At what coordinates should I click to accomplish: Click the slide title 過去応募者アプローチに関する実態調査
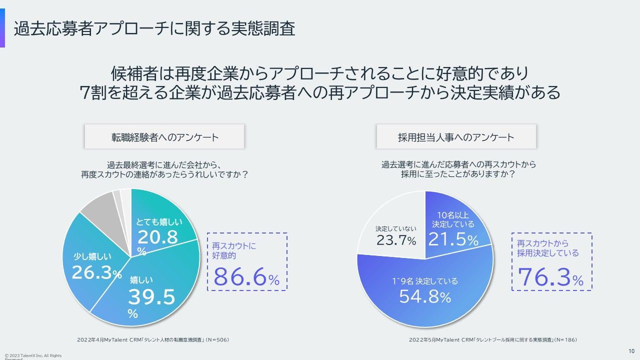point(154,29)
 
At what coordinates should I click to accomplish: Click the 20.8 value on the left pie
point(158,237)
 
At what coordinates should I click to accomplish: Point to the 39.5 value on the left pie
point(151,297)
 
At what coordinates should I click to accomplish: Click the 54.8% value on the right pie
point(425,297)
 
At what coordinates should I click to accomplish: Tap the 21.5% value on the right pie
point(453,240)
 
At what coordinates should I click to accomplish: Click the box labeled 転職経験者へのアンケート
point(164,137)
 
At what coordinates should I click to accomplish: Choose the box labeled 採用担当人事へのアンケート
point(456,137)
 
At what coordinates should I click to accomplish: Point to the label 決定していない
point(395,228)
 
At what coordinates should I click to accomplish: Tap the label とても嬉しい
point(159,222)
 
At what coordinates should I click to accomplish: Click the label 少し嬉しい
point(92,256)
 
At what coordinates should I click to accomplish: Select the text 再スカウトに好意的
point(234,250)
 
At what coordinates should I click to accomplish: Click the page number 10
point(631,350)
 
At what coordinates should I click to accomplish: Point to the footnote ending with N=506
point(153,340)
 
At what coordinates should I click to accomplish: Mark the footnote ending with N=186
point(493,340)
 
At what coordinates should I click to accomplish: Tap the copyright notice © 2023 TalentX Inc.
point(33,356)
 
